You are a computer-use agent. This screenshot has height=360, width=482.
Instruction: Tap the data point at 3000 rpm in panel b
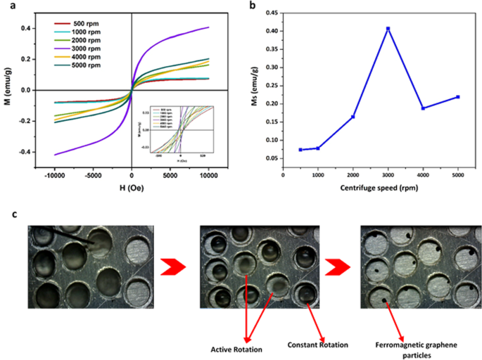tap(388, 29)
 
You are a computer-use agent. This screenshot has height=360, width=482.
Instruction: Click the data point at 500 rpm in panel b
tap(300, 150)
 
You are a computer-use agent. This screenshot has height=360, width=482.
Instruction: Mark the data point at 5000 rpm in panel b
tap(457, 97)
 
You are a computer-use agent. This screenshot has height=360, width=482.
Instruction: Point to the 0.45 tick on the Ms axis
tap(270, 13)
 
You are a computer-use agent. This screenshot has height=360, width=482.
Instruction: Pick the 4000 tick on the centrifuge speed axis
tap(423, 178)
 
